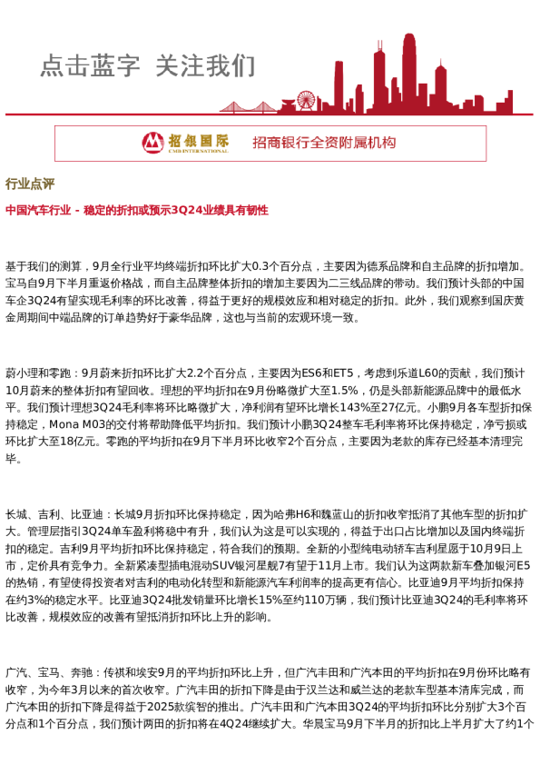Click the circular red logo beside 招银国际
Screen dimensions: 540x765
(x=152, y=143)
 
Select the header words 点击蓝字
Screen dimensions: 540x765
(x=90, y=65)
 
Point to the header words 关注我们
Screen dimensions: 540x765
(x=205, y=65)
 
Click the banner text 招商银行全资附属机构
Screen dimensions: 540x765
(x=324, y=143)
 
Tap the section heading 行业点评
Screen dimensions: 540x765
(x=30, y=184)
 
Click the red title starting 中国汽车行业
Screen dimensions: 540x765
(x=136, y=210)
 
